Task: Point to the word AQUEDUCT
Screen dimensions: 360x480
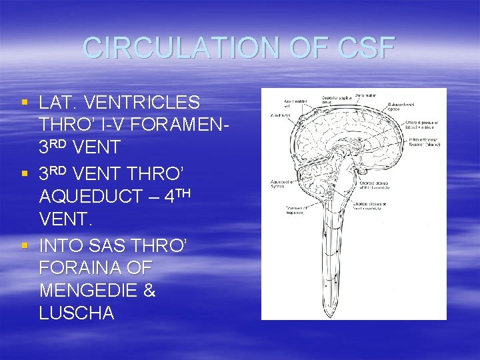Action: coord(91,197)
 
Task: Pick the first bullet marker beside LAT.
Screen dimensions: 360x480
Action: coord(25,103)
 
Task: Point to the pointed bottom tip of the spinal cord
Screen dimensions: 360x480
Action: coord(330,313)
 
